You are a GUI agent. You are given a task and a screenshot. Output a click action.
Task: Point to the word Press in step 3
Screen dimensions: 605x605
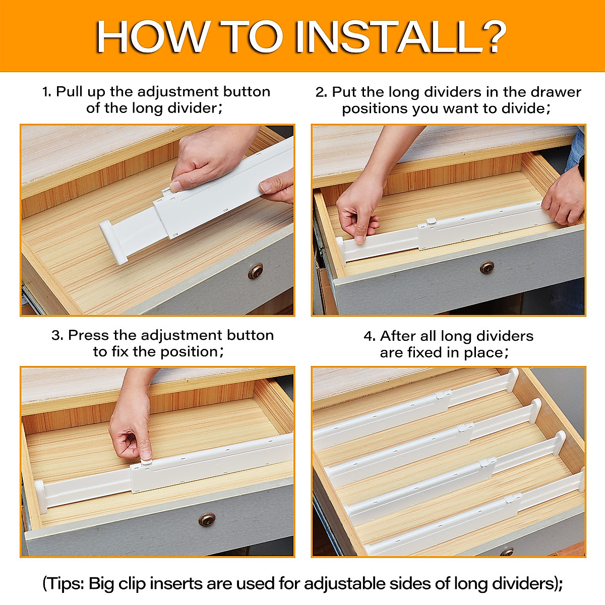(89, 335)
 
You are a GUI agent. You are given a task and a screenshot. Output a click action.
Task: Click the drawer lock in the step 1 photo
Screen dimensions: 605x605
(256, 271)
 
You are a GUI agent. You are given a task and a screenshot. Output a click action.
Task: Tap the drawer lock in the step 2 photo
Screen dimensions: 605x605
(487, 267)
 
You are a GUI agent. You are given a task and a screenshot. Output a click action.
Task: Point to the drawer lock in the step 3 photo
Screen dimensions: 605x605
(207, 520)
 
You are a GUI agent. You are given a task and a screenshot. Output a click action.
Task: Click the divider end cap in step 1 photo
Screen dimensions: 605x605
(113, 242)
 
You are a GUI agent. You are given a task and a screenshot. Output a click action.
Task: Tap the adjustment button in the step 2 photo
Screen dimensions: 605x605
(431, 221)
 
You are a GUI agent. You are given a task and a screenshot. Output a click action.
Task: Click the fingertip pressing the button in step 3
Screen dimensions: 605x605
(146, 455)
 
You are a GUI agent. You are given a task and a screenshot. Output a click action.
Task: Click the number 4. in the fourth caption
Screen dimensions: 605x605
(370, 336)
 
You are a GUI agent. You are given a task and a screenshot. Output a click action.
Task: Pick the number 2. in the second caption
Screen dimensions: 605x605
(322, 92)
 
